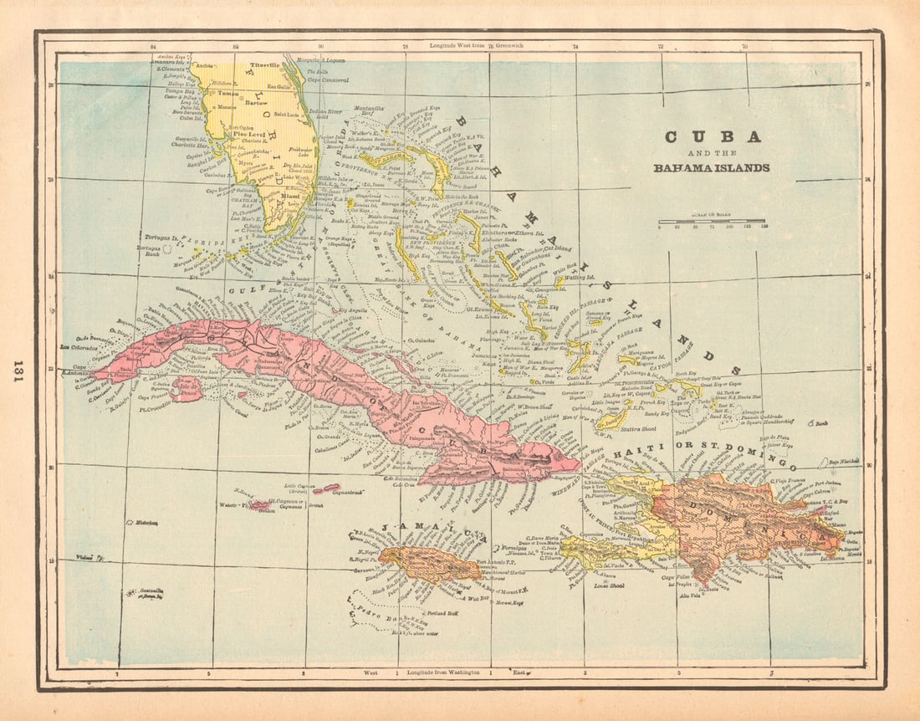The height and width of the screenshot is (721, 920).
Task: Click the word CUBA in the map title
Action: pyautogui.click(x=712, y=137)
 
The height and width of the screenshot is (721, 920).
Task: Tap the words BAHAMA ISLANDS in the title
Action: pyautogui.click(x=712, y=167)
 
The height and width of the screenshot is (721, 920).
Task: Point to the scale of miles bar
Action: pyautogui.click(x=713, y=222)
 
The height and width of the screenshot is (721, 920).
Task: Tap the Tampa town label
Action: pyautogui.click(x=229, y=94)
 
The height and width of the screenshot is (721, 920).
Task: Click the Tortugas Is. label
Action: pyautogui.click(x=161, y=238)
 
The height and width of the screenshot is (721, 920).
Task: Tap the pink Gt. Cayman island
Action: pyautogui.click(x=260, y=505)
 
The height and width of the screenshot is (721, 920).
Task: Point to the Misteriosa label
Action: pyautogui.click(x=141, y=522)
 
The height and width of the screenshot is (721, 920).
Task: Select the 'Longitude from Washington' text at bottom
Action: pyautogui.click(x=442, y=672)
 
